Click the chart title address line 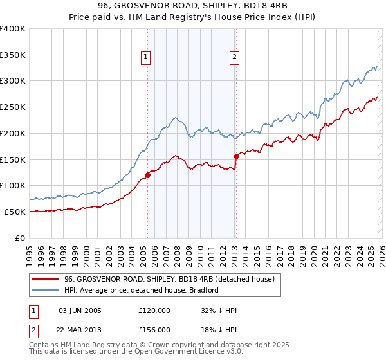[x=192, y=6]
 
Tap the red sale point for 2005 [x=147, y=174]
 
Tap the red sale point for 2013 [x=236, y=156]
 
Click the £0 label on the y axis [x=21, y=238]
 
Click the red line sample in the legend [x=45, y=279]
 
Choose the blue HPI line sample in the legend [x=45, y=290]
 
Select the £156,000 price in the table [x=154, y=329]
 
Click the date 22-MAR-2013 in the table [x=80, y=329]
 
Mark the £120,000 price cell [x=154, y=310]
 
